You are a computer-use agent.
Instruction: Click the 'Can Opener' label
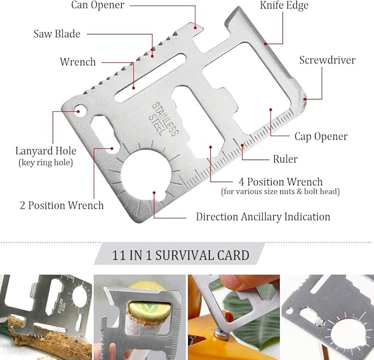pos(98,5)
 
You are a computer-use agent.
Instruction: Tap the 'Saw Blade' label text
pos(57,34)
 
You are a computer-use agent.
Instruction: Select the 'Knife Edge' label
pos(284,6)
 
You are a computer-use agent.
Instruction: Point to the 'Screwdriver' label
pos(327,60)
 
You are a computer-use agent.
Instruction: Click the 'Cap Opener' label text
pos(321,137)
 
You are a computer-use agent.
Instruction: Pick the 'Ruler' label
pos(285,159)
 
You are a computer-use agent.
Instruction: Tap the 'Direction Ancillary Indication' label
pos(263,217)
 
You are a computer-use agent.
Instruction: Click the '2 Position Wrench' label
pos(62,205)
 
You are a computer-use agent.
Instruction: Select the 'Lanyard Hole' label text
pos(46,151)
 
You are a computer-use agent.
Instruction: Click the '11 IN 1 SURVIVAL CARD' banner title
pos(181,255)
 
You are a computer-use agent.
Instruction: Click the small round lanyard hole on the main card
pos(80,111)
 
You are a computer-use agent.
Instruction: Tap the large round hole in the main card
pos(146,175)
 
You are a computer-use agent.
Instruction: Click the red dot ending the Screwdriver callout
pos(305,99)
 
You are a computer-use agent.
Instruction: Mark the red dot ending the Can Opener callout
pos(195,28)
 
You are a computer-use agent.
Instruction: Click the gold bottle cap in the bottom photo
pos(148,310)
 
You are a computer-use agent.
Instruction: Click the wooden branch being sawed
pos(48,337)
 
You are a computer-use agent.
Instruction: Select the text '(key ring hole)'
pos(46,163)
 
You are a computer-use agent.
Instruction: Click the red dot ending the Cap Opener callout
pos(270,110)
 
